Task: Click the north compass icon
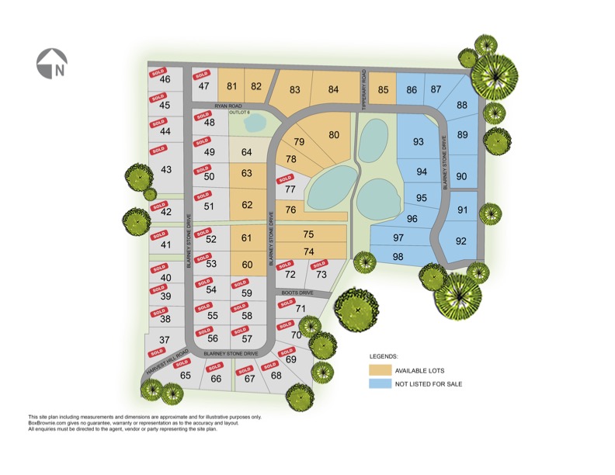(52, 64)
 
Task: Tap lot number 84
(334, 90)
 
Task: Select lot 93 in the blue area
(419, 141)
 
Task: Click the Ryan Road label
(230, 106)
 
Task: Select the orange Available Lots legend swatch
(379, 370)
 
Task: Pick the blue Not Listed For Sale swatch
(379, 384)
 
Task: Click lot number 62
(248, 205)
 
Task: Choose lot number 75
(308, 234)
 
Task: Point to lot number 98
(398, 257)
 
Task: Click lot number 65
(186, 376)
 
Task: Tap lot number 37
(165, 340)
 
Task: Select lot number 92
(461, 241)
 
